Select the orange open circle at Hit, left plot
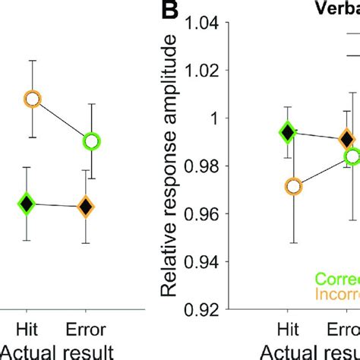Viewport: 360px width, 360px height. (x=32, y=99)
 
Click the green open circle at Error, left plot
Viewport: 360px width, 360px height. (x=92, y=141)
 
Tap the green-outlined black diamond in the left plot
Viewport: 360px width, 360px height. (x=27, y=203)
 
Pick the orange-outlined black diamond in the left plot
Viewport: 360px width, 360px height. (x=87, y=206)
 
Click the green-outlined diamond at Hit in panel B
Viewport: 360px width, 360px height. (x=287, y=132)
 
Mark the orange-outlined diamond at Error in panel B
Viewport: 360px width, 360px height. (x=346, y=139)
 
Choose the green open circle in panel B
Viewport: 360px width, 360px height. (x=352, y=156)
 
